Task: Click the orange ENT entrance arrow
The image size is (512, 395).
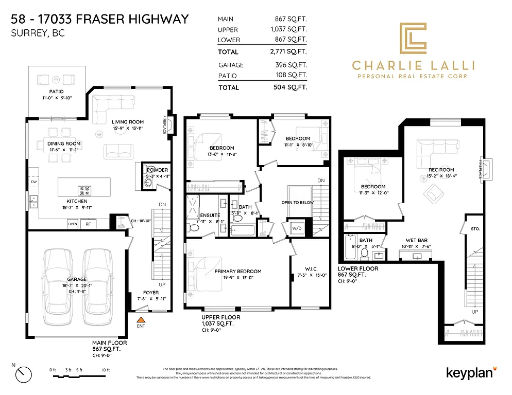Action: pos(140,320)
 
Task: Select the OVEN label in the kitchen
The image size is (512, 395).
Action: pos(73,224)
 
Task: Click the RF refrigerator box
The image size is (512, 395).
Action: pos(88,224)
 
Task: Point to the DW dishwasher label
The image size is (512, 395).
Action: pos(34,182)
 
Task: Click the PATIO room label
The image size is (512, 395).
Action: pos(56,92)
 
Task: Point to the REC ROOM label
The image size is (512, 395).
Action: pos(441,170)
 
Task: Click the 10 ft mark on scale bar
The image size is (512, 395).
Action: pos(106,370)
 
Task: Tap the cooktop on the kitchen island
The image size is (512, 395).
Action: pos(83,189)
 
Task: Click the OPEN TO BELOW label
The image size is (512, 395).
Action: pos(298,203)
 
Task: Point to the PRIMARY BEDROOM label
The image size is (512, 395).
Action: pos(238,272)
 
